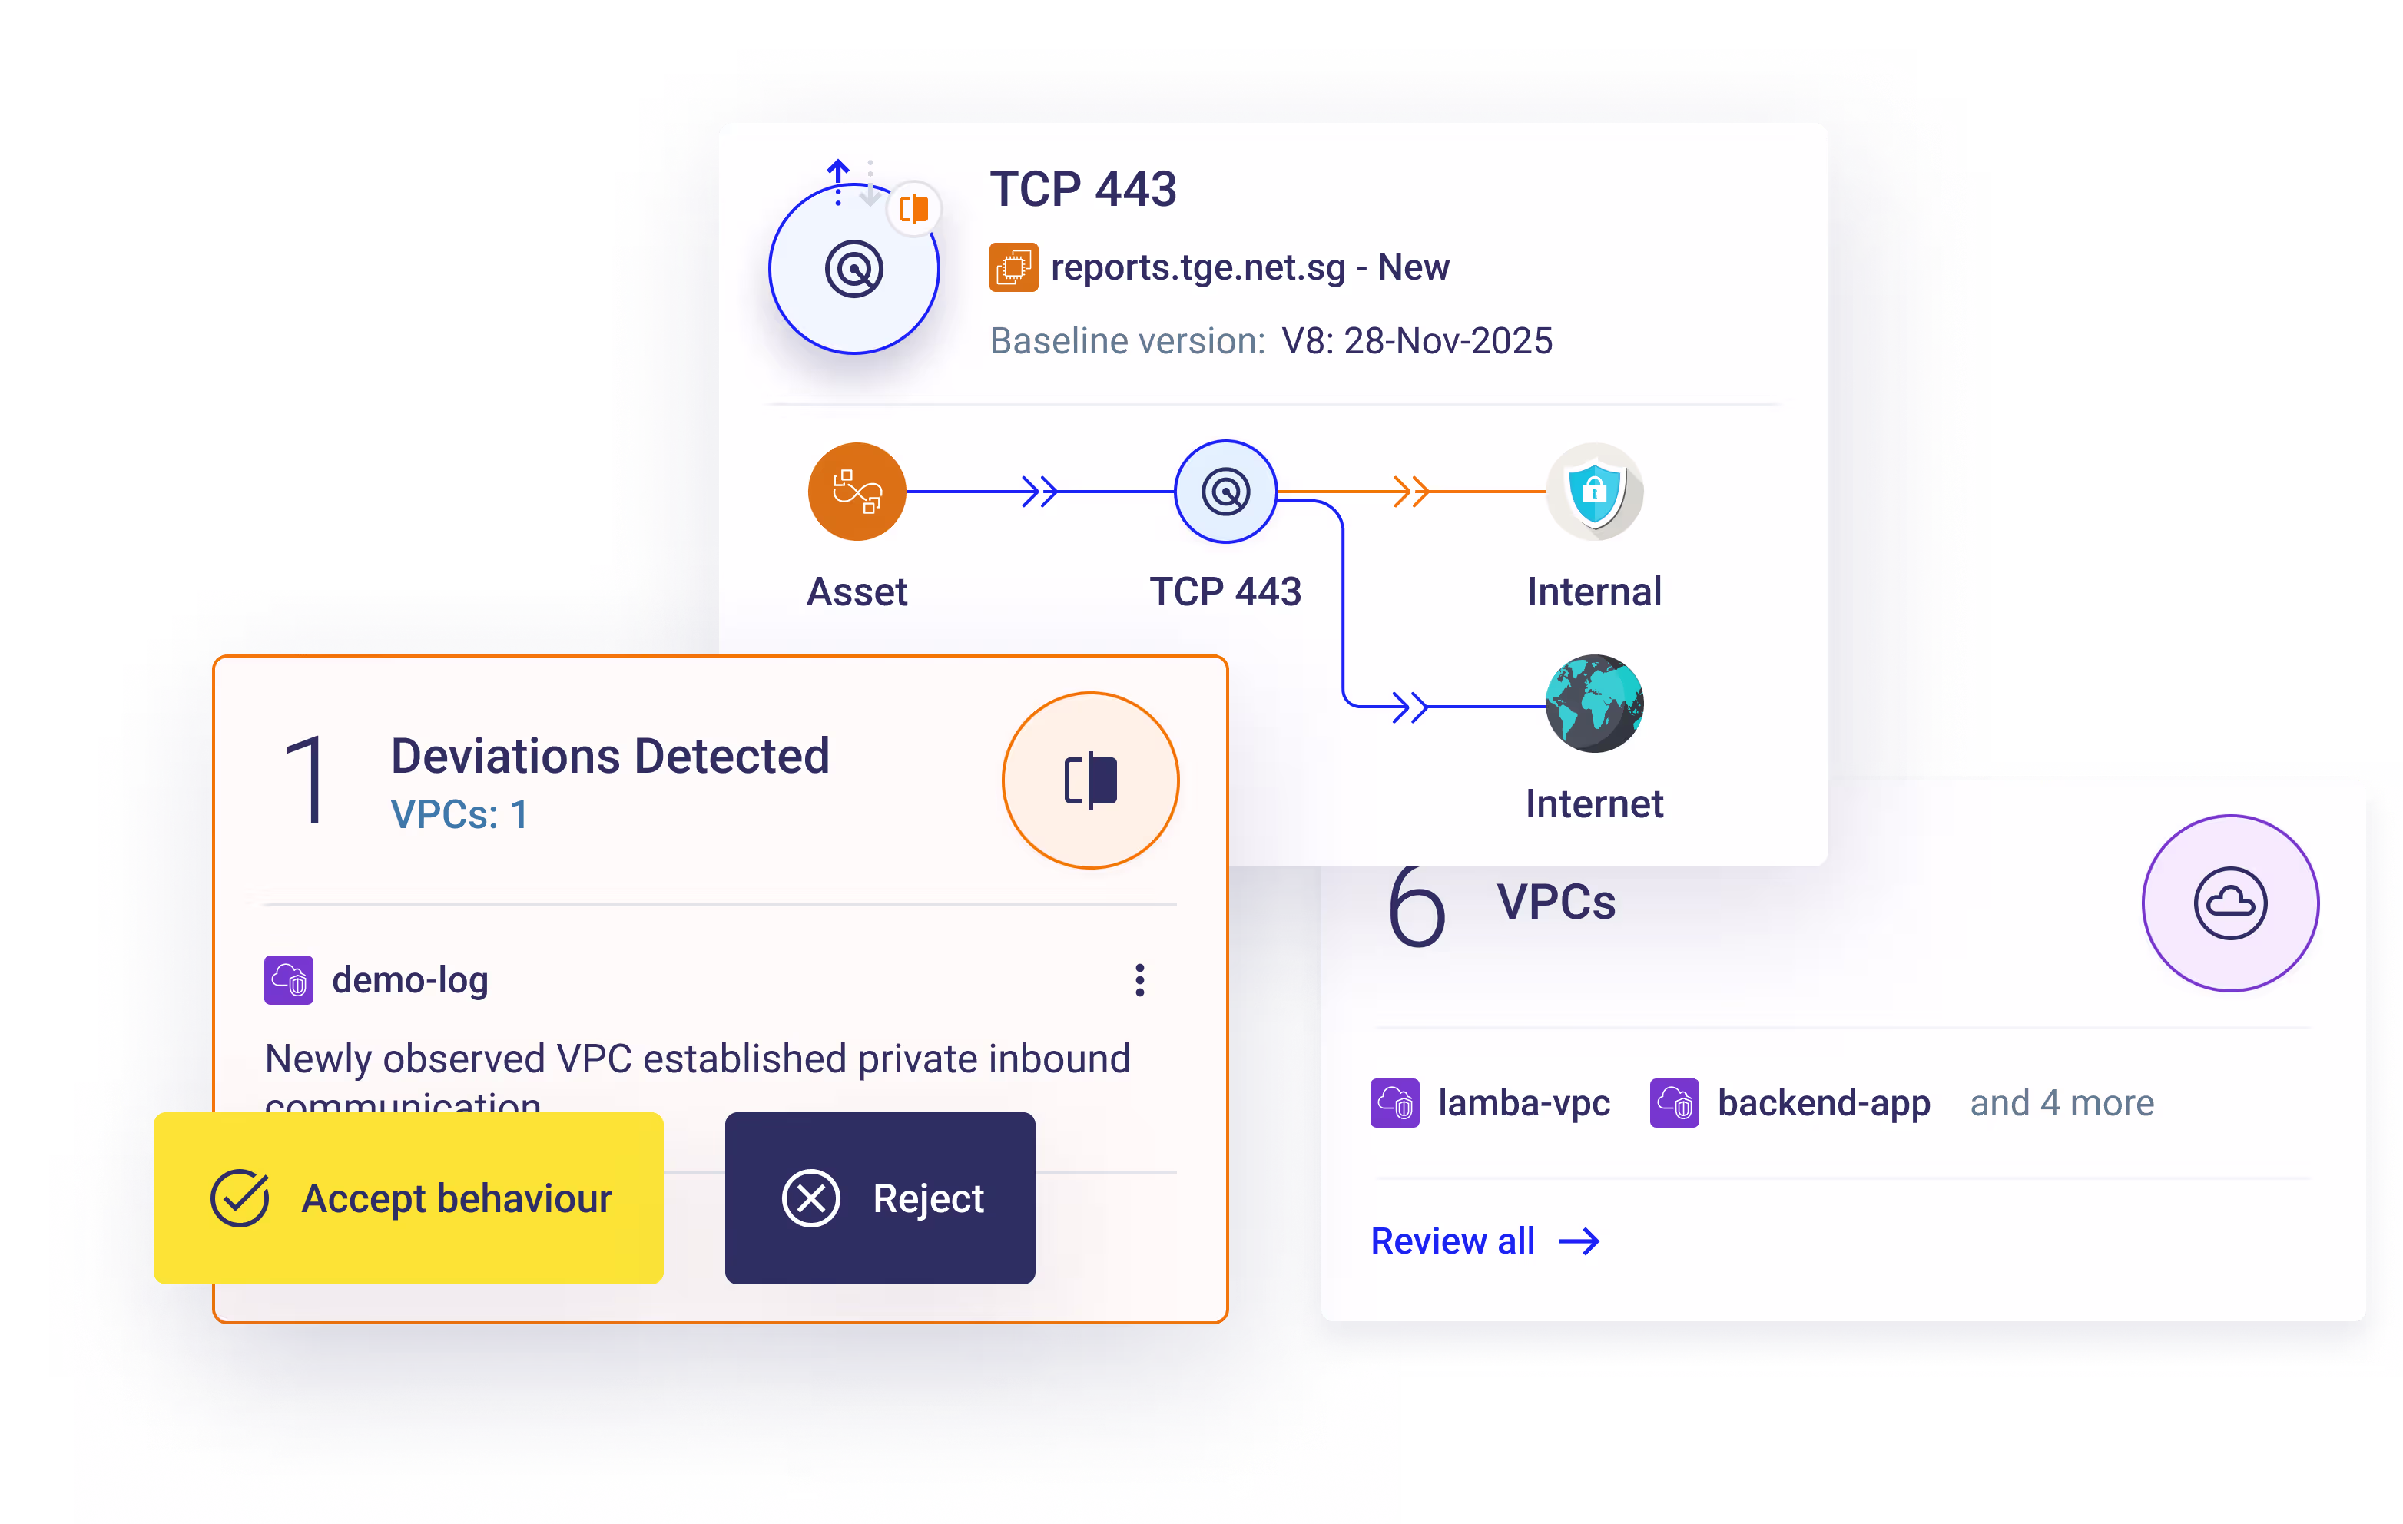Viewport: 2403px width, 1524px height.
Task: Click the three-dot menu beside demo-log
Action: coord(1139,980)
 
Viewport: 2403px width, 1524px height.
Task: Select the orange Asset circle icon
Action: coord(857,491)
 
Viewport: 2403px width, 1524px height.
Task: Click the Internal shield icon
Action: coord(1594,491)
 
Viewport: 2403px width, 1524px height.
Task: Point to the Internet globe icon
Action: coord(1594,704)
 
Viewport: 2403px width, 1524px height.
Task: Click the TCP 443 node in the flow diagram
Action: coord(1225,491)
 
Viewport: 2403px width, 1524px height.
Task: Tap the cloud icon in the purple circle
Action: coord(2229,903)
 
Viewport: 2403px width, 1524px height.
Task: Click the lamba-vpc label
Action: coord(1523,1103)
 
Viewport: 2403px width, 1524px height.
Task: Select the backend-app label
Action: coord(1823,1103)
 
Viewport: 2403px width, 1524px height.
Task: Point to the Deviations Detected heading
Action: coord(610,756)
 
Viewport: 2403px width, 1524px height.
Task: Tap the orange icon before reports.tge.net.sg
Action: coord(1013,267)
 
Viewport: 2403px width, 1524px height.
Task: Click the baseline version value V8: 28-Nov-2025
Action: coord(1416,341)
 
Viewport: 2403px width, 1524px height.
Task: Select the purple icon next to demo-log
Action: coord(288,980)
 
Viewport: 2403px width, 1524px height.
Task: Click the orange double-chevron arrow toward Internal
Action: coord(1410,491)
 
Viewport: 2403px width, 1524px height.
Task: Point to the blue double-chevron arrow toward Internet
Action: coord(1409,707)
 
